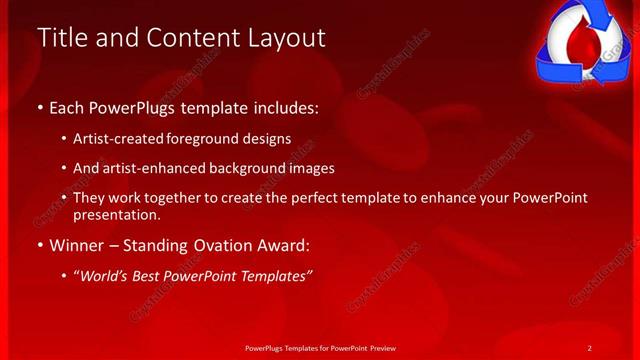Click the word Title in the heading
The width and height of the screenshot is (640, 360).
tap(62, 38)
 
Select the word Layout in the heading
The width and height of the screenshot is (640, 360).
tap(282, 38)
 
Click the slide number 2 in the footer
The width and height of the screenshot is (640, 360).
tap(590, 347)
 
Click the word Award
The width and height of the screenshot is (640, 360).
tap(286, 244)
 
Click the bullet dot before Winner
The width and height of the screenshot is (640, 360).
tap(40, 245)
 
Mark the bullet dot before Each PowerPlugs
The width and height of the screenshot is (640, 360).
tap(40, 106)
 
